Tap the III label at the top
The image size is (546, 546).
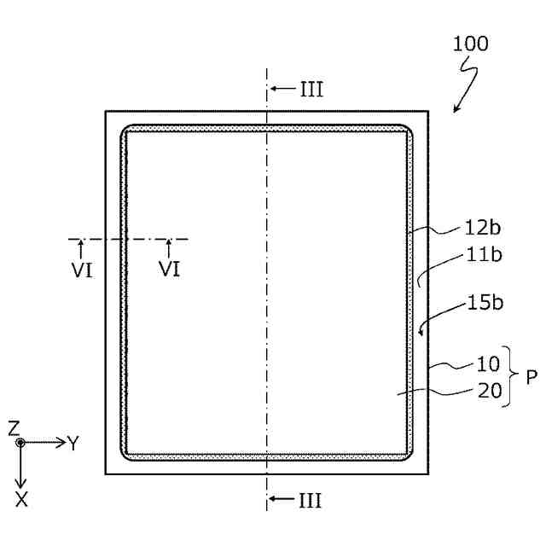[x=311, y=89]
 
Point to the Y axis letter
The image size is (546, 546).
[x=75, y=443]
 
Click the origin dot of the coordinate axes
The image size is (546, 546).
[x=21, y=443]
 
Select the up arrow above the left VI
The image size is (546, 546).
[x=81, y=247]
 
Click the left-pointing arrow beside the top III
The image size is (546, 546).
[x=276, y=89]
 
